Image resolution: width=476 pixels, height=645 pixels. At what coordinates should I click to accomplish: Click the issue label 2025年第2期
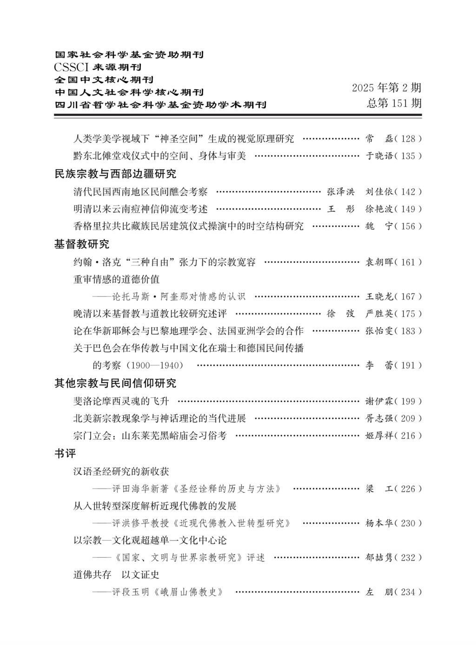pyautogui.click(x=386, y=87)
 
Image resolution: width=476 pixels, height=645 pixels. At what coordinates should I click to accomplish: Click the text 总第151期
pyautogui.click(x=394, y=103)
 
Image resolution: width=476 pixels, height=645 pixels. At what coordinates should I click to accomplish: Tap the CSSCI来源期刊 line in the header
pyautogui.click(x=98, y=67)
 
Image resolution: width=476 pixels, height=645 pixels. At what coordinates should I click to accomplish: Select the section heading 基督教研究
pyautogui.click(x=82, y=244)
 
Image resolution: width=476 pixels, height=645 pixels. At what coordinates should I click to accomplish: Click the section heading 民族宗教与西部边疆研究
pyautogui.click(x=115, y=174)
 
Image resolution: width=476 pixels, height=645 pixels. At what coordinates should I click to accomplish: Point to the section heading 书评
pyautogui.click(x=65, y=453)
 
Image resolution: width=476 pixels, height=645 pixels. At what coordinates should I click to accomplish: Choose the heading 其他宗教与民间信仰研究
pyautogui.click(x=115, y=383)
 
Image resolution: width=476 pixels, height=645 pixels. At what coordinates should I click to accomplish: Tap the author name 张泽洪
pyautogui.click(x=341, y=192)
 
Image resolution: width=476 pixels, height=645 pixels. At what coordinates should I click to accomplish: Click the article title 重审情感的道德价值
pyautogui.click(x=117, y=279)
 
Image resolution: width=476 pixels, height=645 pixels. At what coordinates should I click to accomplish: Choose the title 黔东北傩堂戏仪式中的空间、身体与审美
pyautogui.click(x=159, y=156)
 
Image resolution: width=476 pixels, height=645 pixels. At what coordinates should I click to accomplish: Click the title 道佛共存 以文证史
pyautogui.click(x=117, y=575)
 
